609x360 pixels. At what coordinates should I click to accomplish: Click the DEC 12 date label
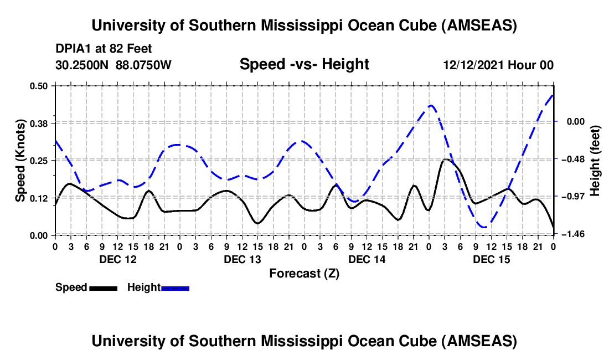pyautogui.click(x=117, y=259)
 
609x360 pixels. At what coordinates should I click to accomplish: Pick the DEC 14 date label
pyautogui.click(x=367, y=259)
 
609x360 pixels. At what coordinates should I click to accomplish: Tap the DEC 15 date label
pyautogui.click(x=491, y=259)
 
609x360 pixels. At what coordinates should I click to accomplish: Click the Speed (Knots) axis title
pyautogui.click(x=20, y=160)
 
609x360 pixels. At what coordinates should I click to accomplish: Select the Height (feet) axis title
pyautogui.click(x=595, y=161)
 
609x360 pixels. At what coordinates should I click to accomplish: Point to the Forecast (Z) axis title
pyautogui.click(x=304, y=273)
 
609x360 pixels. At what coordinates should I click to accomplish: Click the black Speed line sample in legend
pyautogui.click(x=102, y=287)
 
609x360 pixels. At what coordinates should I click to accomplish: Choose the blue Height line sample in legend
pyautogui.click(x=175, y=287)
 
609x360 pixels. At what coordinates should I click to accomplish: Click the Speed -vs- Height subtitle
pyautogui.click(x=304, y=64)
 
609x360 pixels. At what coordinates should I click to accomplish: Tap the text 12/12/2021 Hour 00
pyautogui.click(x=498, y=65)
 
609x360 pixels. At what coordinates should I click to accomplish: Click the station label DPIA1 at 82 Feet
pyautogui.click(x=104, y=49)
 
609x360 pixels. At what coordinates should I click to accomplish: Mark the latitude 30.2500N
pyautogui.click(x=83, y=65)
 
